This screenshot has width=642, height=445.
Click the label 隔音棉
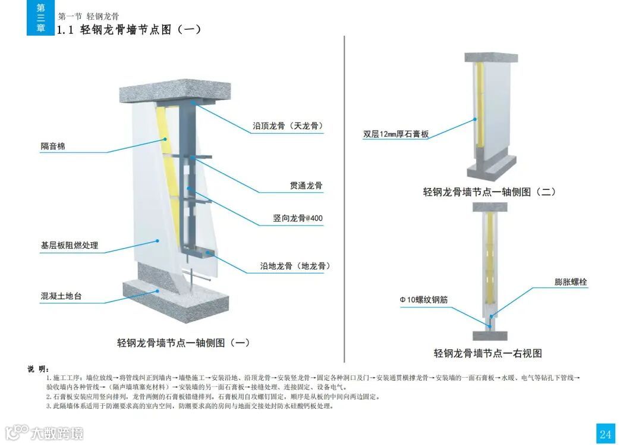click(x=53, y=146)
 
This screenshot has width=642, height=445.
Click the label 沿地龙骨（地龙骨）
click(x=295, y=266)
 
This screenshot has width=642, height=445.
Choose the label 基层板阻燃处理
click(x=69, y=245)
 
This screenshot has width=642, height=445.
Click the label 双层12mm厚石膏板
click(x=396, y=134)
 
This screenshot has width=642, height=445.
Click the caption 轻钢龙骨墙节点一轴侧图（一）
click(x=183, y=343)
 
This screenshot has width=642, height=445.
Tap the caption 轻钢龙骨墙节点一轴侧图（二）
click(x=489, y=192)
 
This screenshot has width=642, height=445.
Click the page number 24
click(x=605, y=434)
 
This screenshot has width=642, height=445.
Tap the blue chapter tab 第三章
click(x=40, y=18)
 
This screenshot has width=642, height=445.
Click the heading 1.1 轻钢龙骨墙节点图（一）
click(x=128, y=30)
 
